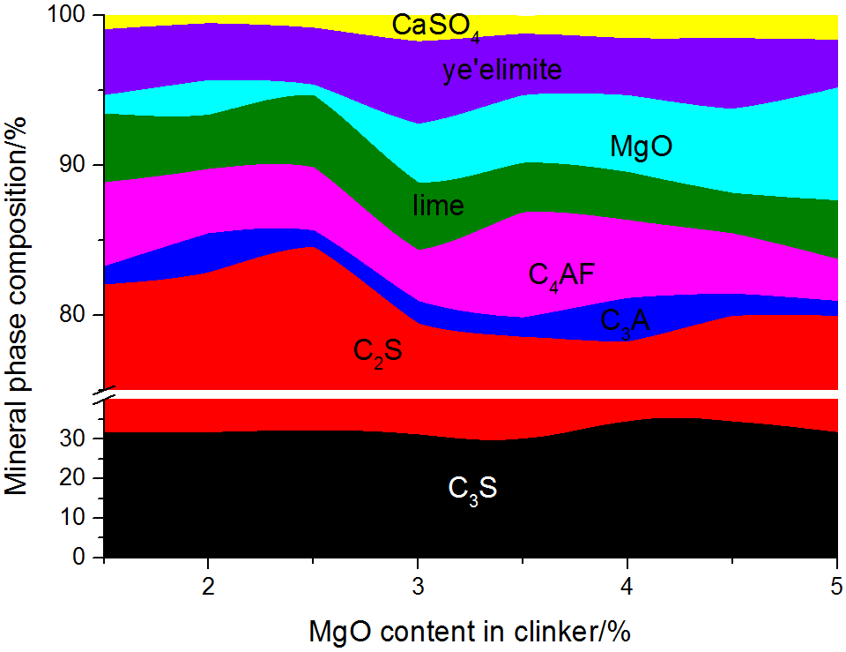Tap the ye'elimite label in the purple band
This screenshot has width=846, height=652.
[501, 70]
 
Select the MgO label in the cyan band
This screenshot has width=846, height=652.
[641, 146]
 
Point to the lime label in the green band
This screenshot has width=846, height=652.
[438, 206]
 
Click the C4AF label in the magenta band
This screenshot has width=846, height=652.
[562, 274]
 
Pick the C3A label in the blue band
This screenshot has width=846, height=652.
[625, 320]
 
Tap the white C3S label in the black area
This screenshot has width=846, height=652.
[472, 488]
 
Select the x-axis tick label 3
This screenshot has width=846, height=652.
[418, 587]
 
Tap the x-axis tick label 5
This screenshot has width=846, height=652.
[836, 587]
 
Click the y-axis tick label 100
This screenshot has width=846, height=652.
[70, 16]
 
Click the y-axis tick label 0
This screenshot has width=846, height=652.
[85, 558]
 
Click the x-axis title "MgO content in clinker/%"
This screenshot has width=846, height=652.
[471, 632]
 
